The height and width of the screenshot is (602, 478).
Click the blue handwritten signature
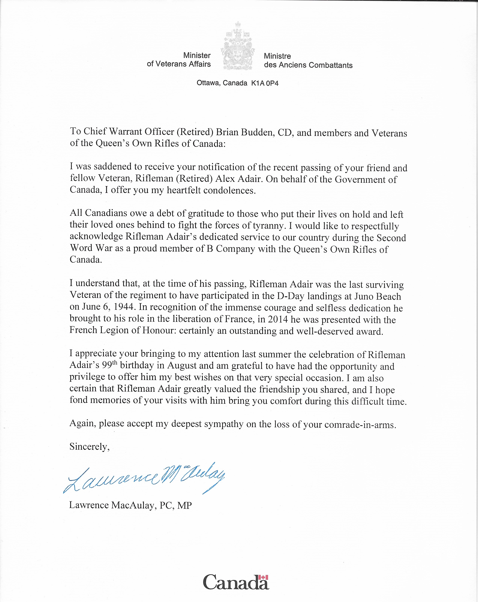[144, 479]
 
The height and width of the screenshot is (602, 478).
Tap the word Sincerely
[89, 447]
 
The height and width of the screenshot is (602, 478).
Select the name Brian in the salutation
[227, 132]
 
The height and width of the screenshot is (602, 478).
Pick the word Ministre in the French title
[277, 56]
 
